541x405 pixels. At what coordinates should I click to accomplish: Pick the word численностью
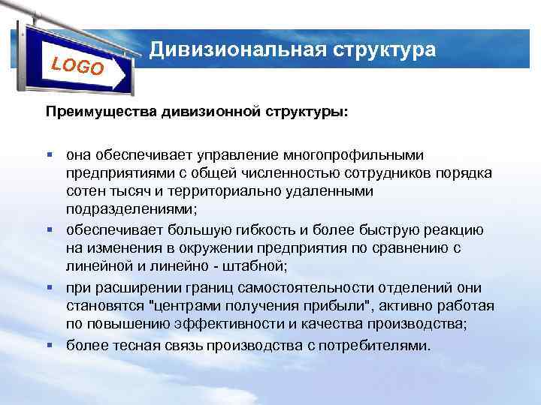277,173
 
